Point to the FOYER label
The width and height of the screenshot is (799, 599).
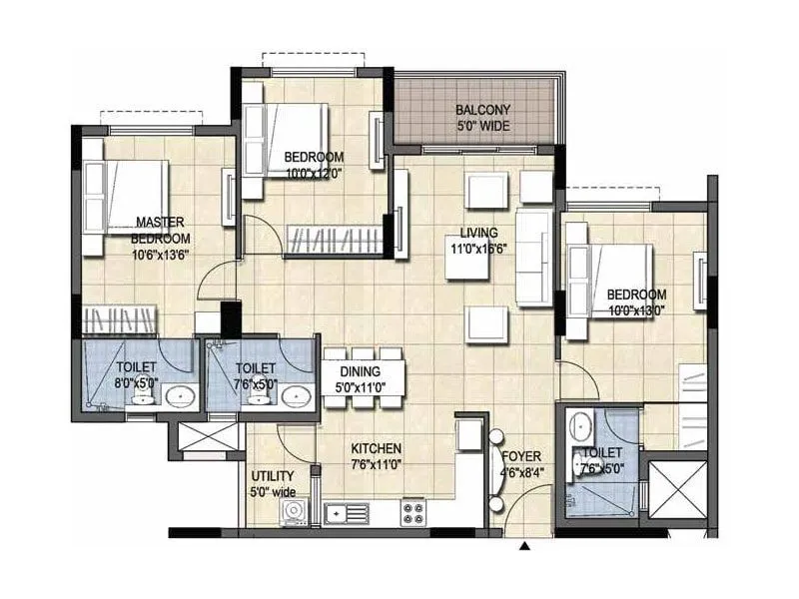click(520, 457)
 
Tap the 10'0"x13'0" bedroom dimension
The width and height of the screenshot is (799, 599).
click(636, 310)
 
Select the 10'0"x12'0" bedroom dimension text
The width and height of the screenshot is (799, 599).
click(314, 173)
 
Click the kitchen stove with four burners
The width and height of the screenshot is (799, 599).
click(414, 513)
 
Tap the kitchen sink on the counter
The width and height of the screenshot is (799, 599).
click(346, 513)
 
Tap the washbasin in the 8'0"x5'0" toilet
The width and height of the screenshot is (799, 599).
click(180, 397)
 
